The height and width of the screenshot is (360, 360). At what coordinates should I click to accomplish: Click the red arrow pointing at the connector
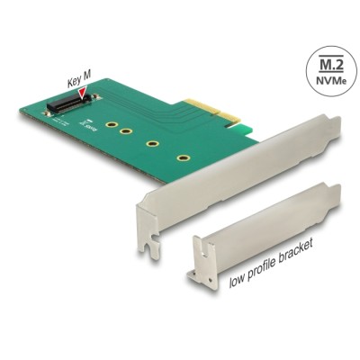click(84, 92)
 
